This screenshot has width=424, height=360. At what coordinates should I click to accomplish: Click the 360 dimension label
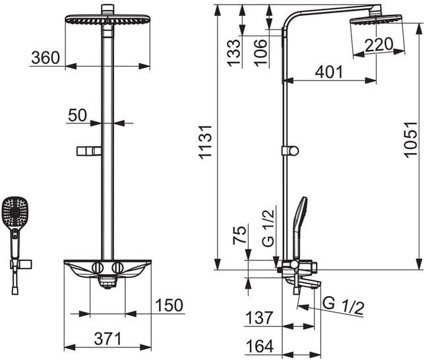45,57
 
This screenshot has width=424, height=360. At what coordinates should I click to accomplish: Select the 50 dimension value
77,115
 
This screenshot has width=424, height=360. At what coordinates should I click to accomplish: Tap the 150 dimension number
169,305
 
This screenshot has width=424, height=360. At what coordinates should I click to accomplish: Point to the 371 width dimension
108,339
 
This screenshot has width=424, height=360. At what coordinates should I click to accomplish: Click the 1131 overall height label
205,142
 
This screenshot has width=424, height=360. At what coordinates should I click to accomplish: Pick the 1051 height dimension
410,140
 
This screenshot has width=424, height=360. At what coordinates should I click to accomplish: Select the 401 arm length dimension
329,72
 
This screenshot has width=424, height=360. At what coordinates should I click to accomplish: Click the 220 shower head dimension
379,45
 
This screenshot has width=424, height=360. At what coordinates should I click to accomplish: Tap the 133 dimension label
233,53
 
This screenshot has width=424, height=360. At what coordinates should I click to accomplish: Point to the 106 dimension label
261,53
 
